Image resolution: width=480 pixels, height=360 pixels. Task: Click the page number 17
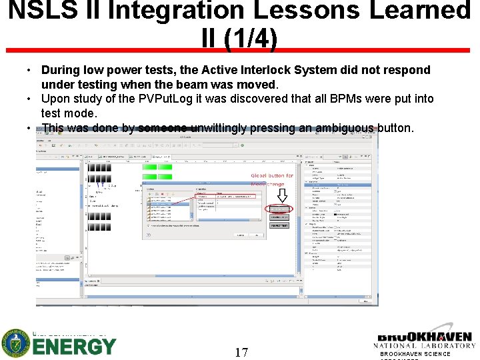[x=241, y=351]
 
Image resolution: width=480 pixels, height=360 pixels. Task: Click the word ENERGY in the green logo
[x=75, y=347]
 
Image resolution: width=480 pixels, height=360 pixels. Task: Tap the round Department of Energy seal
[x=15, y=343]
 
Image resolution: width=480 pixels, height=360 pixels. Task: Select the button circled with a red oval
[x=281, y=210]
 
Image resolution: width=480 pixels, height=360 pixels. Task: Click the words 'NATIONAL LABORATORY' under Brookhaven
[x=425, y=345]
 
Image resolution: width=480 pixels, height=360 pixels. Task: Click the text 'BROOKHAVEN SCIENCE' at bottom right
[x=419, y=354]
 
